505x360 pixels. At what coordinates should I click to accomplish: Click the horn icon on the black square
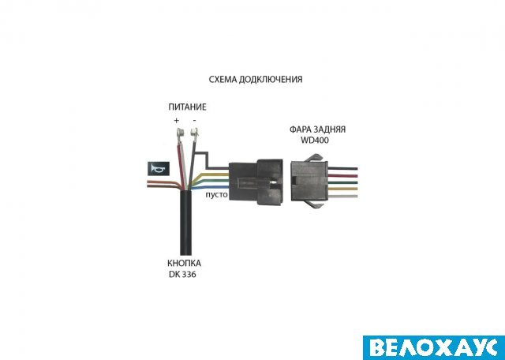pyautogui.click(x=157, y=169)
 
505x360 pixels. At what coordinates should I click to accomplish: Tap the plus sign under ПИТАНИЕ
pyautogui.click(x=176, y=121)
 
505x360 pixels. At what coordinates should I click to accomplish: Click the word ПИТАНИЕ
pyautogui.click(x=187, y=107)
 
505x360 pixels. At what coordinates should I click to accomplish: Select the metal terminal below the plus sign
pyautogui.click(x=181, y=132)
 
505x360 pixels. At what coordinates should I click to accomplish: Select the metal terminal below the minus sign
pyautogui.click(x=194, y=132)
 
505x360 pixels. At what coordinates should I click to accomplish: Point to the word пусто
pyautogui.click(x=217, y=195)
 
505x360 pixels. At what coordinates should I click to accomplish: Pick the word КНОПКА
pyautogui.click(x=184, y=264)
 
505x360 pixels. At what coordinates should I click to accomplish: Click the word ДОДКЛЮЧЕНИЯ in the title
pyautogui.click(x=271, y=80)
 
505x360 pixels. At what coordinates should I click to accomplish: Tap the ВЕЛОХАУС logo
pyautogui.click(x=434, y=347)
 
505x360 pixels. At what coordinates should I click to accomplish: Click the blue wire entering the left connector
pyautogui.click(x=210, y=188)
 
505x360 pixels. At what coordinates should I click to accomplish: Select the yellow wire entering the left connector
pyautogui.click(x=210, y=175)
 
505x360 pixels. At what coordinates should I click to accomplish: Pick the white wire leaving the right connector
pyautogui.click(x=342, y=196)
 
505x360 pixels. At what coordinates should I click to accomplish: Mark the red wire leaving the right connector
pyautogui.click(x=342, y=176)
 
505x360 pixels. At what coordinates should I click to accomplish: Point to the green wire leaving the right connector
pyautogui.click(x=342, y=182)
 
